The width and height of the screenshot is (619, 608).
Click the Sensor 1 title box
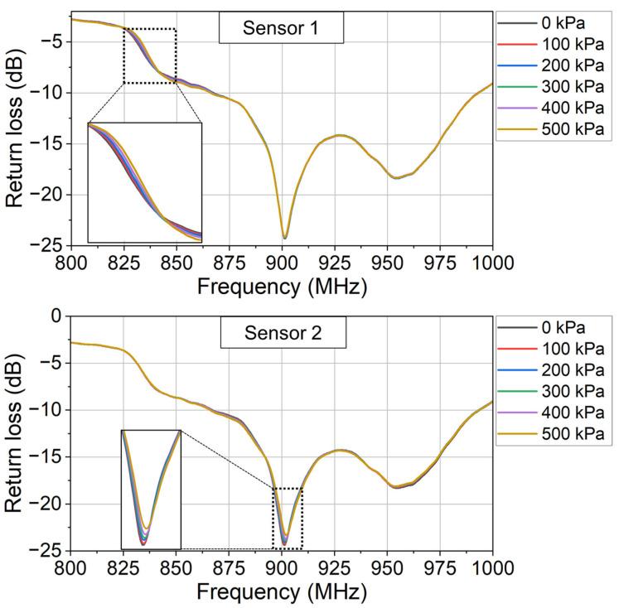tap(281, 29)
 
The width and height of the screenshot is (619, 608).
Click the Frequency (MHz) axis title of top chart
tap(281, 286)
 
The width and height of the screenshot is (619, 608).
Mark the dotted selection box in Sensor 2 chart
tap(288, 518)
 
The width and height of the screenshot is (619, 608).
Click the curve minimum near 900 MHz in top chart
tap(284, 238)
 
